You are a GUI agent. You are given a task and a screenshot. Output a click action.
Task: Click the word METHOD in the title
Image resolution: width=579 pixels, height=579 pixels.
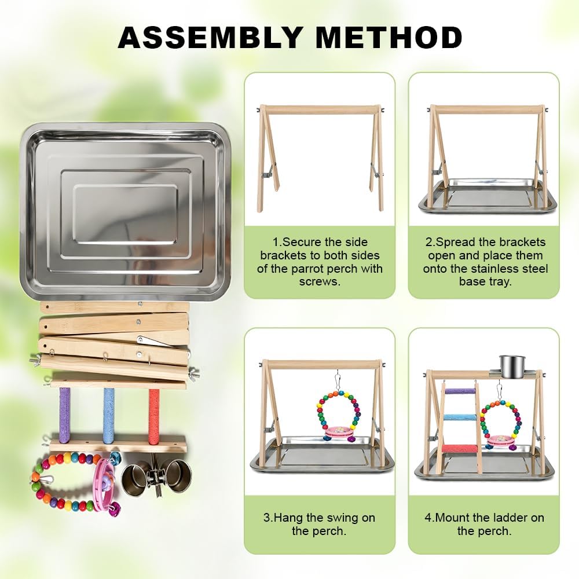click(389, 37)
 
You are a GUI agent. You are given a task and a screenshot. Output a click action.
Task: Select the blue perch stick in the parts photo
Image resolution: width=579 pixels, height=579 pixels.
click(109, 415)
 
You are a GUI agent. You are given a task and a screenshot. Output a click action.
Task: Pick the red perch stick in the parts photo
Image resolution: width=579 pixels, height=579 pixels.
click(154, 415)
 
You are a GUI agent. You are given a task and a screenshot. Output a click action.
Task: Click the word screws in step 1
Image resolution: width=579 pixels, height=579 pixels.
click(320, 282)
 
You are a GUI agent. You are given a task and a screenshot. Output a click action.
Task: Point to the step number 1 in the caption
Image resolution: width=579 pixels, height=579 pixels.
click(275, 242)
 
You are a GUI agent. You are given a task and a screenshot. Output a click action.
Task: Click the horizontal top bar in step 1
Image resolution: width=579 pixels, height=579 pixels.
click(320, 109)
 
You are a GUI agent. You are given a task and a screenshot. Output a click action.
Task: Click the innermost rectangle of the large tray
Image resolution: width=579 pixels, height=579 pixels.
click(126, 214)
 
